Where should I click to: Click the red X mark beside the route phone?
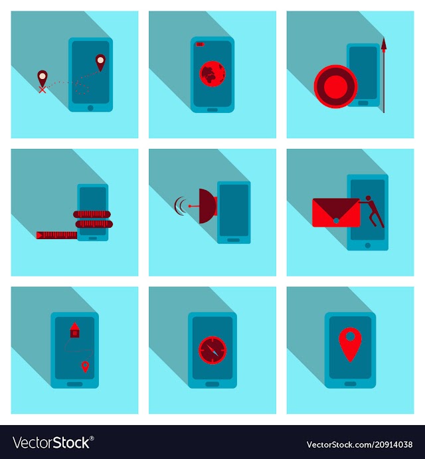pos(42,90)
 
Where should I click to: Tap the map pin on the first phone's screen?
pos(100,62)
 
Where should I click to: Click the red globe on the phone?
pos(212,74)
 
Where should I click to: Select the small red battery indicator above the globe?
pos(200,45)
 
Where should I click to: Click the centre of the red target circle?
pos(336,86)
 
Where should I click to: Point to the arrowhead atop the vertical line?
pos(384,45)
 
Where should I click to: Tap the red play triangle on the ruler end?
pos(40,234)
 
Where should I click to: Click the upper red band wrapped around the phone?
pos(92,215)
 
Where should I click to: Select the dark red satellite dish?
pos(208,206)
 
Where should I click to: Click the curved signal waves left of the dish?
pos(179,206)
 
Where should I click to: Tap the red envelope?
pos(336,213)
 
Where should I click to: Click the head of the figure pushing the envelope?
pos(368,198)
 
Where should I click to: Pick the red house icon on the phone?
pos(75,330)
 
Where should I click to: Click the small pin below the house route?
pos(85,367)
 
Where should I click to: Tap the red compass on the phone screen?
pos(212,350)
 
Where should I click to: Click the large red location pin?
pos(351,345)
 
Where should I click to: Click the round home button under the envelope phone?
pos(368,245)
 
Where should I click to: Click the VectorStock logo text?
pos(53,442)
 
